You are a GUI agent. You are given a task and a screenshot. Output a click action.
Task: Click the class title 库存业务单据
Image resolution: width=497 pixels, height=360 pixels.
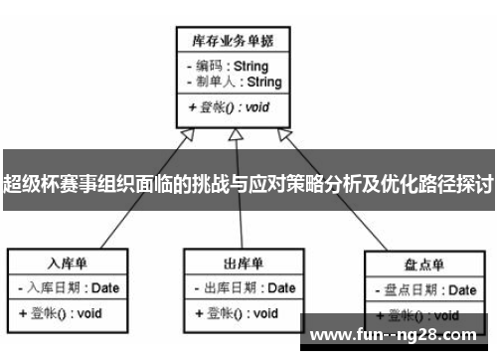[x=232, y=42]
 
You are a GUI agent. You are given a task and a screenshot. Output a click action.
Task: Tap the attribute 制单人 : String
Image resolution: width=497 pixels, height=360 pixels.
[x=234, y=82]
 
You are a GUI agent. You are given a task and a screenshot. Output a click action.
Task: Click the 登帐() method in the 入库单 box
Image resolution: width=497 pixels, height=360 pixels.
[x=61, y=312]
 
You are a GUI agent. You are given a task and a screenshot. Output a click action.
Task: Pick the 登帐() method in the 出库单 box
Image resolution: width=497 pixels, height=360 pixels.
[x=237, y=312]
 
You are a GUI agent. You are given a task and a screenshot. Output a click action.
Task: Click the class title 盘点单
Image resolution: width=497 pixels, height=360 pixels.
[x=424, y=266]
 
